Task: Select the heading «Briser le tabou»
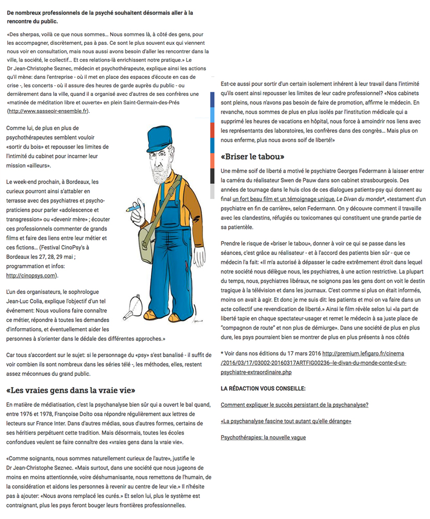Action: click(x=253, y=156)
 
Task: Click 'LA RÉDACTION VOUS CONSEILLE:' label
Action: click(x=263, y=389)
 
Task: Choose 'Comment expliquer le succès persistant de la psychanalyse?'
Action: click(x=295, y=405)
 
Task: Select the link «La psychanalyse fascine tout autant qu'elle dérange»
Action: click(x=286, y=421)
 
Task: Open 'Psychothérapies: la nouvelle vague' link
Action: click(x=263, y=437)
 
